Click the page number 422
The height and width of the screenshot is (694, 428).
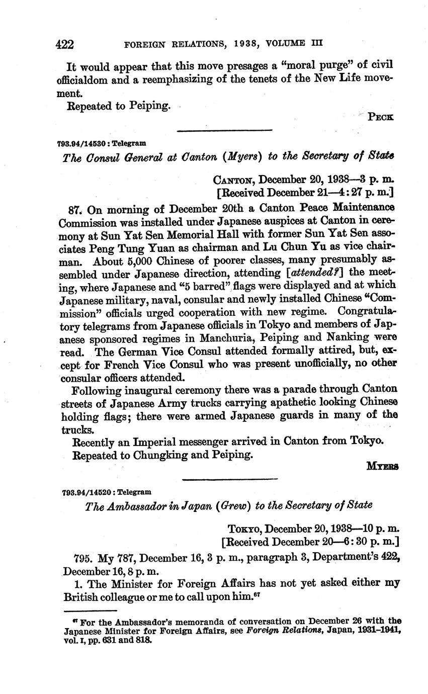coord(65,44)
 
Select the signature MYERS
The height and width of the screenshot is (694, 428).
coord(382,466)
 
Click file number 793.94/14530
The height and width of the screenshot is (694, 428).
coord(79,143)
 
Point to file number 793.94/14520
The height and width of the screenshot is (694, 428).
coord(79,492)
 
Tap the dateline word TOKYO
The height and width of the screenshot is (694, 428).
coord(244,529)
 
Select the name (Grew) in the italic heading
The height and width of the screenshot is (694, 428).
coord(233,505)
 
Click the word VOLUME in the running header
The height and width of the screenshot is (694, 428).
coord(288,44)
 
